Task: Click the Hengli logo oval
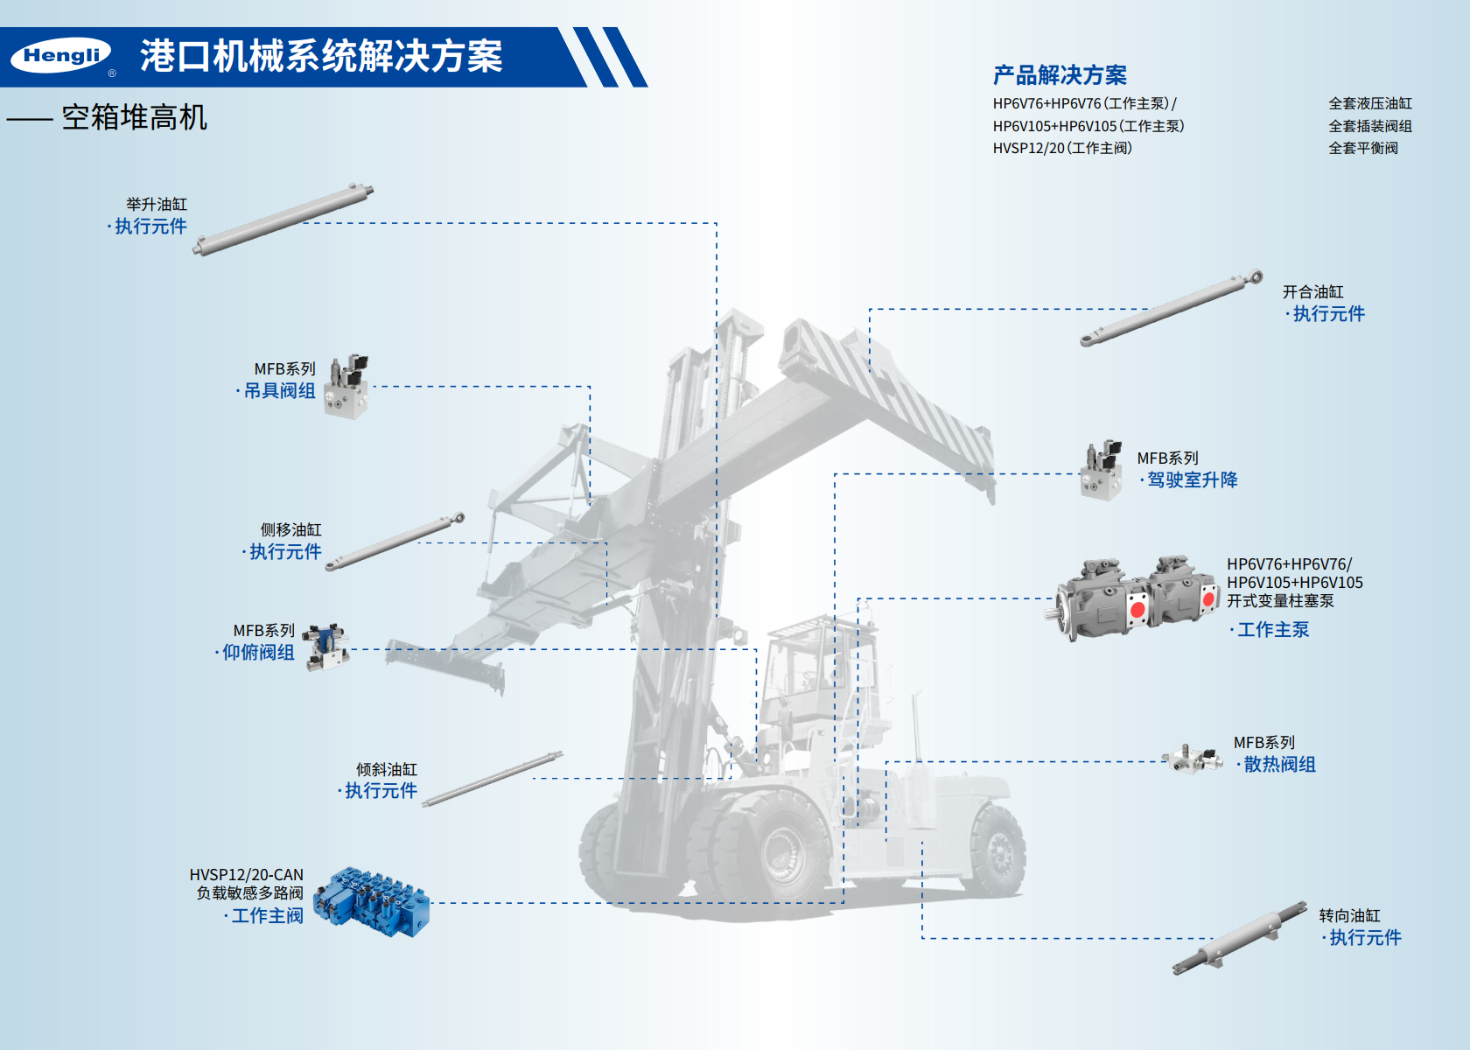(61, 56)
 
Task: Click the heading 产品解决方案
(1060, 75)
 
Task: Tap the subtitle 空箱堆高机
(135, 118)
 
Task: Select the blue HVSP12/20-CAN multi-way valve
(371, 901)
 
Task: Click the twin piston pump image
(1132, 598)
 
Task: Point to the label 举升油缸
(157, 205)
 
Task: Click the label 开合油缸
(1313, 292)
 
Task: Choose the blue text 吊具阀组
(280, 391)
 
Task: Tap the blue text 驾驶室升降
(1193, 480)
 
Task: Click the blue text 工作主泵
(1273, 630)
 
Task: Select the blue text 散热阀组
(1279, 765)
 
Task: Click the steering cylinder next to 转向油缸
(1240, 938)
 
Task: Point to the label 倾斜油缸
(387, 769)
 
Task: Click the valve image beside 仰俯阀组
(325, 647)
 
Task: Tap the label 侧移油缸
(290, 529)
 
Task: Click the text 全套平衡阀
(1363, 149)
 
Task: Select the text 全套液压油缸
(1370, 103)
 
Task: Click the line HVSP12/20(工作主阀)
(1062, 149)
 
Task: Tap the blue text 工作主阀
(267, 916)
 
